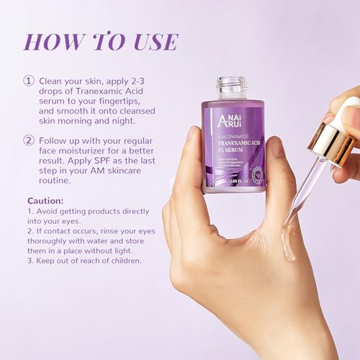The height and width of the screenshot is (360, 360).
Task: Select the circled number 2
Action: click(30, 140)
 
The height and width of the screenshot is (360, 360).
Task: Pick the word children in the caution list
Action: click(122, 260)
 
